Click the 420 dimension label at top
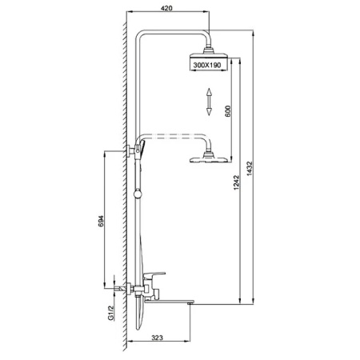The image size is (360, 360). point(166,8)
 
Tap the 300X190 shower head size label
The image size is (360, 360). point(207,65)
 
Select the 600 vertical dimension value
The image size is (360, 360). point(228,111)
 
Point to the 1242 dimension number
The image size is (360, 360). point(236,182)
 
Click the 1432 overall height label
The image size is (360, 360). point(249,169)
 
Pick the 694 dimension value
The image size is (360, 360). point(101,221)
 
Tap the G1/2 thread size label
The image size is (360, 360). point(111,313)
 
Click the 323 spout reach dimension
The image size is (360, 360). point(157,338)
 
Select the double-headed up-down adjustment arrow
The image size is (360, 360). point(209,102)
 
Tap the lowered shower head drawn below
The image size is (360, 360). point(209,159)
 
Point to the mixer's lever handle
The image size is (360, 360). point(154,275)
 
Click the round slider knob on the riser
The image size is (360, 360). point(138,194)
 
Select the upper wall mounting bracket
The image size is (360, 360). point(130,151)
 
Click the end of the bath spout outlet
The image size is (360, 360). point(190,303)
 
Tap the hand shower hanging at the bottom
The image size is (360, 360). point(139,314)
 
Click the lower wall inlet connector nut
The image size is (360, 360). point(130,289)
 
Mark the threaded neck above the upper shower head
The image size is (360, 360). point(209,50)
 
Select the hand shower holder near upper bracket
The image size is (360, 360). point(141,148)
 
